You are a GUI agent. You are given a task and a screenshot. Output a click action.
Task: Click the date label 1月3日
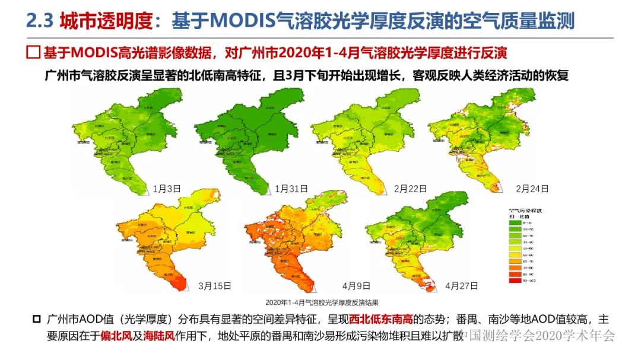[x=166, y=189]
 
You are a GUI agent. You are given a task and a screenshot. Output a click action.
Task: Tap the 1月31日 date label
[x=291, y=189]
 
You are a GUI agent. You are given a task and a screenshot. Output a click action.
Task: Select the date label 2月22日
[x=411, y=189]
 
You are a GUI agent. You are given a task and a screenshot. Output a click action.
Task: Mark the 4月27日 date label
[x=461, y=286]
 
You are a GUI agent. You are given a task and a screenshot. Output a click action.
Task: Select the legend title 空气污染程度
[x=526, y=210]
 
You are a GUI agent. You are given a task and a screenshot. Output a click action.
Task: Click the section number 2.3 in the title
[x=40, y=22]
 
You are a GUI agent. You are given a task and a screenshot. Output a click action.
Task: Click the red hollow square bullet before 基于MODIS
[x=34, y=52]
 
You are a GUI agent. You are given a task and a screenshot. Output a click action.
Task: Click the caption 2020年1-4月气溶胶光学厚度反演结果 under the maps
[x=321, y=302]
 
